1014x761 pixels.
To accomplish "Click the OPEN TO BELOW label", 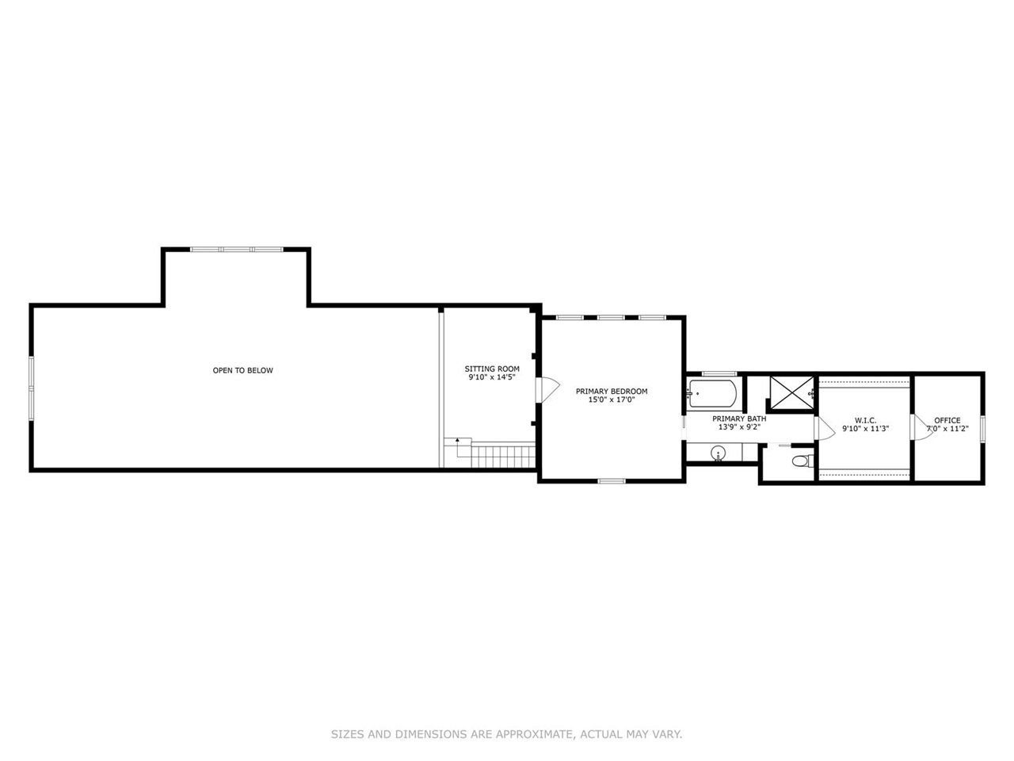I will (242, 370).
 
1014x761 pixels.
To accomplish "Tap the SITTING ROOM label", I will (492, 369).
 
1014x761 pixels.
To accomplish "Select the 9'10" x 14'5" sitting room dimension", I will (492, 378).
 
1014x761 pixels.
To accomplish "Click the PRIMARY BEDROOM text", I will (612, 391).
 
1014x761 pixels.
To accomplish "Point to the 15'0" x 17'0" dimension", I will (612, 400).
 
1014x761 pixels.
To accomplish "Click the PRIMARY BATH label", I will (739, 419).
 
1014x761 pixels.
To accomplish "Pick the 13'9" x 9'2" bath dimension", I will (739, 427).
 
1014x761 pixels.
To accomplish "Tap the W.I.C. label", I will (865, 420).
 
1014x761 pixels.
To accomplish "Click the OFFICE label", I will (947, 420).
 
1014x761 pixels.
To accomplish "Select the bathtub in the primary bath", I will (713, 392).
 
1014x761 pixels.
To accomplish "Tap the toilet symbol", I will (801, 461).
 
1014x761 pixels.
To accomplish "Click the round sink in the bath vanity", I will (719, 454).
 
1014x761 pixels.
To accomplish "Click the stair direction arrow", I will (457, 440).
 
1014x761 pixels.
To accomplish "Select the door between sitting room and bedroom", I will (546, 388).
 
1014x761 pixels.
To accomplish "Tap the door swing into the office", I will (921, 427).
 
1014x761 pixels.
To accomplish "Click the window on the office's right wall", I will (982, 428).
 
